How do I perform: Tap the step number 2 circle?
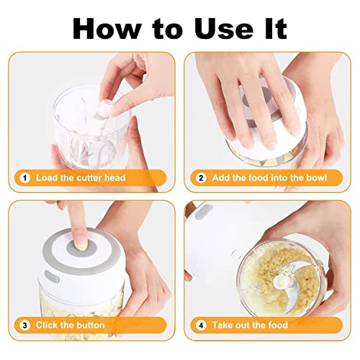(x=201, y=177)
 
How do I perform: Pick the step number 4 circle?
(x=201, y=325)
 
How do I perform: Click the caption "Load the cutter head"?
(x=80, y=177)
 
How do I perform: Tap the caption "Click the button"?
(x=71, y=325)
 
